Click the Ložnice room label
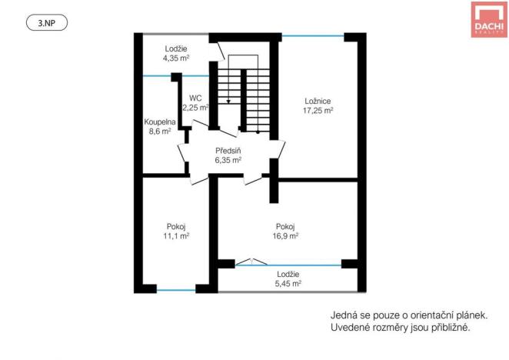click(x=318, y=100)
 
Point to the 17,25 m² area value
click(x=318, y=110)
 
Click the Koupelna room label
click(x=161, y=122)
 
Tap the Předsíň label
click(x=228, y=151)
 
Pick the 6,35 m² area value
click(x=228, y=161)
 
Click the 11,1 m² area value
click(x=176, y=236)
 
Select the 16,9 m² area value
click(x=286, y=236)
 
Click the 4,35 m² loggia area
click(x=176, y=57)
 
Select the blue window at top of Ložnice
click(x=314, y=35)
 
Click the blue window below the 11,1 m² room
click(x=176, y=290)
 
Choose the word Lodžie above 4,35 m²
click(x=176, y=48)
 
